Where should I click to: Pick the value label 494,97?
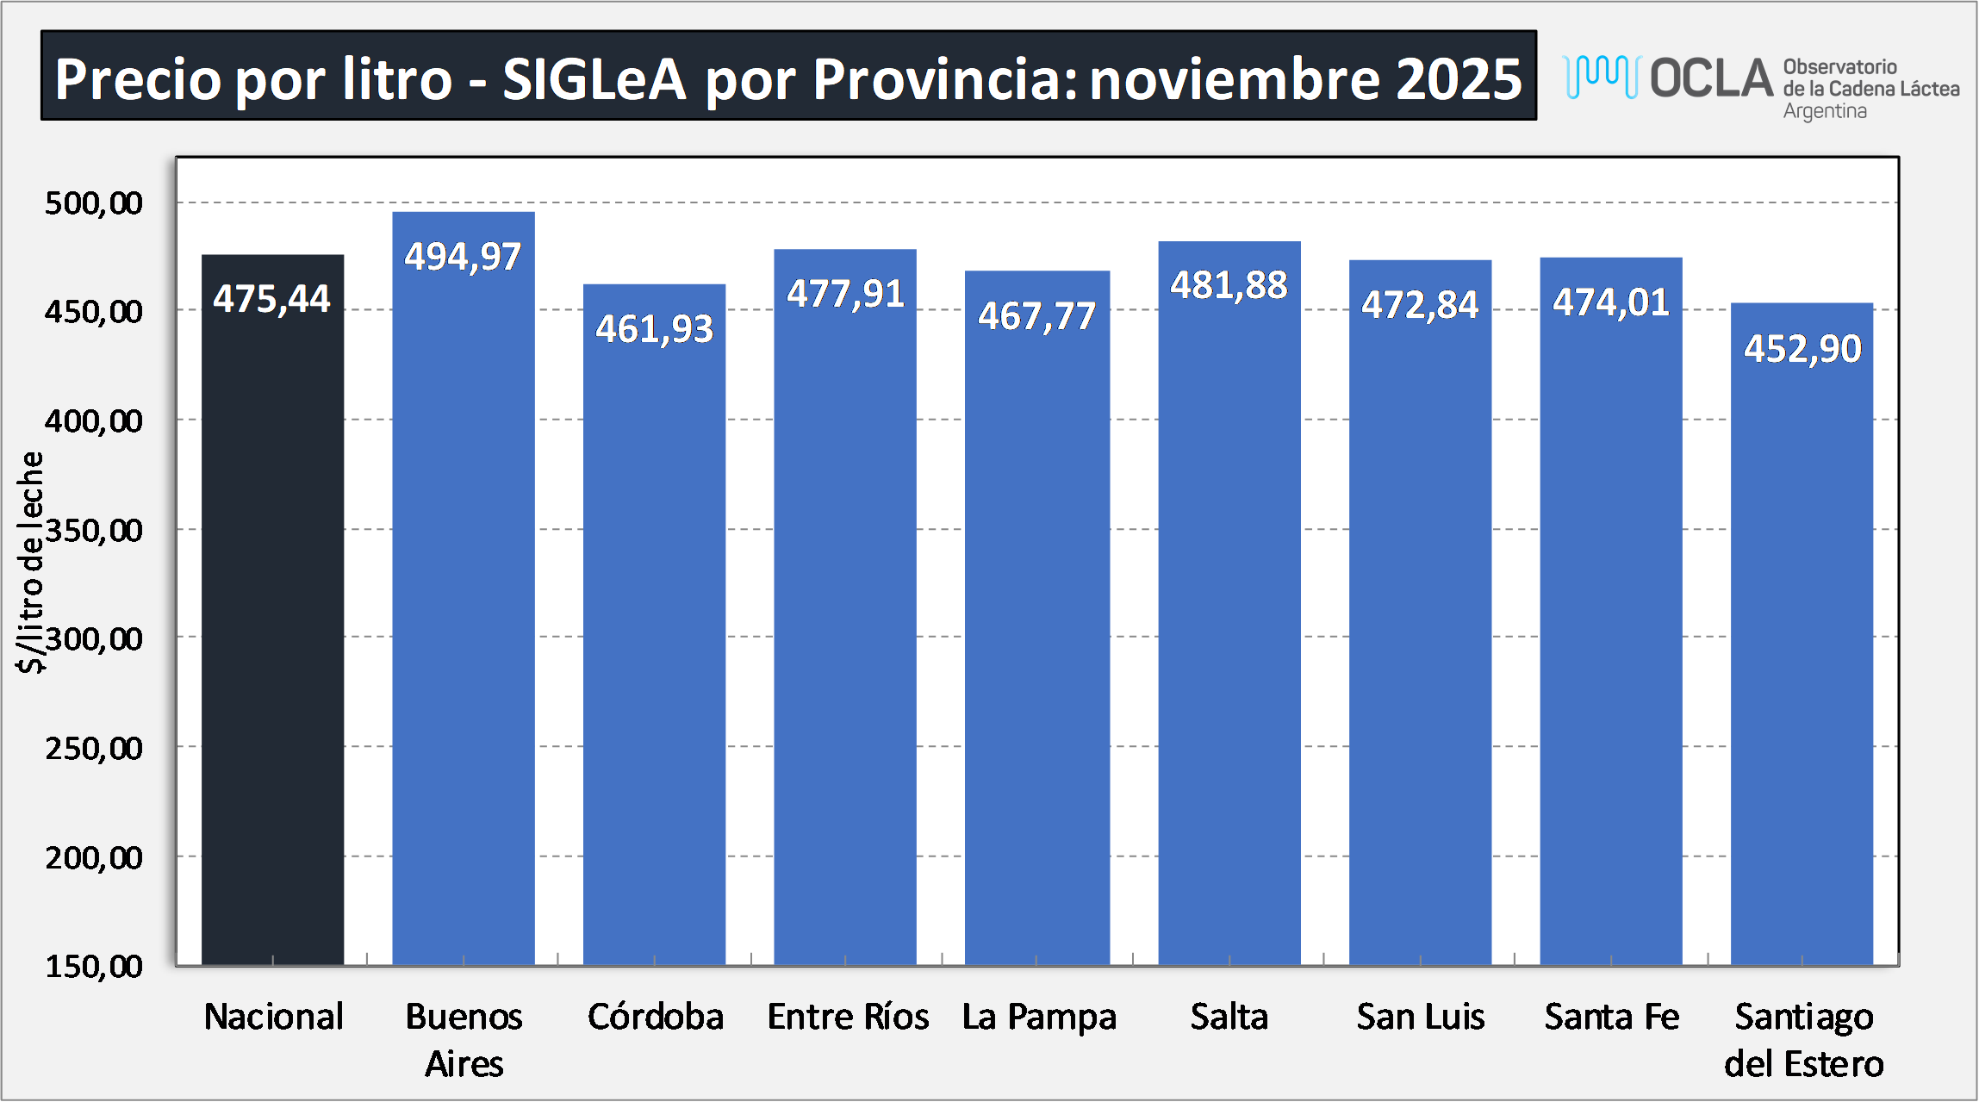[x=464, y=257]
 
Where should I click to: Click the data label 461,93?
[x=655, y=329]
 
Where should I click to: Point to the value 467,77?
[x=1036, y=316]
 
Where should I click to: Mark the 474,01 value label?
[x=1611, y=302]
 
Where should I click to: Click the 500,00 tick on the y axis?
[x=94, y=203]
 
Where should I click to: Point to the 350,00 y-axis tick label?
[x=94, y=530]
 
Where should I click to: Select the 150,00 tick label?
[x=94, y=966]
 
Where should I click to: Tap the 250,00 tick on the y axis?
[x=94, y=748]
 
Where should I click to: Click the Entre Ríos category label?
[x=848, y=1017]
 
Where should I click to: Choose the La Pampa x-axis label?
[x=1039, y=1017]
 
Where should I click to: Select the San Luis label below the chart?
[x=1421, y=1017]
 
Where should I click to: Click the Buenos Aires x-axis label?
[x=464, y=1040]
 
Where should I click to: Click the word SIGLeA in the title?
[x=594, y=79]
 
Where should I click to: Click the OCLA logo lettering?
[x=1711, y=78]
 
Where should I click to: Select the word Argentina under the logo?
[x=1825, y=111]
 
